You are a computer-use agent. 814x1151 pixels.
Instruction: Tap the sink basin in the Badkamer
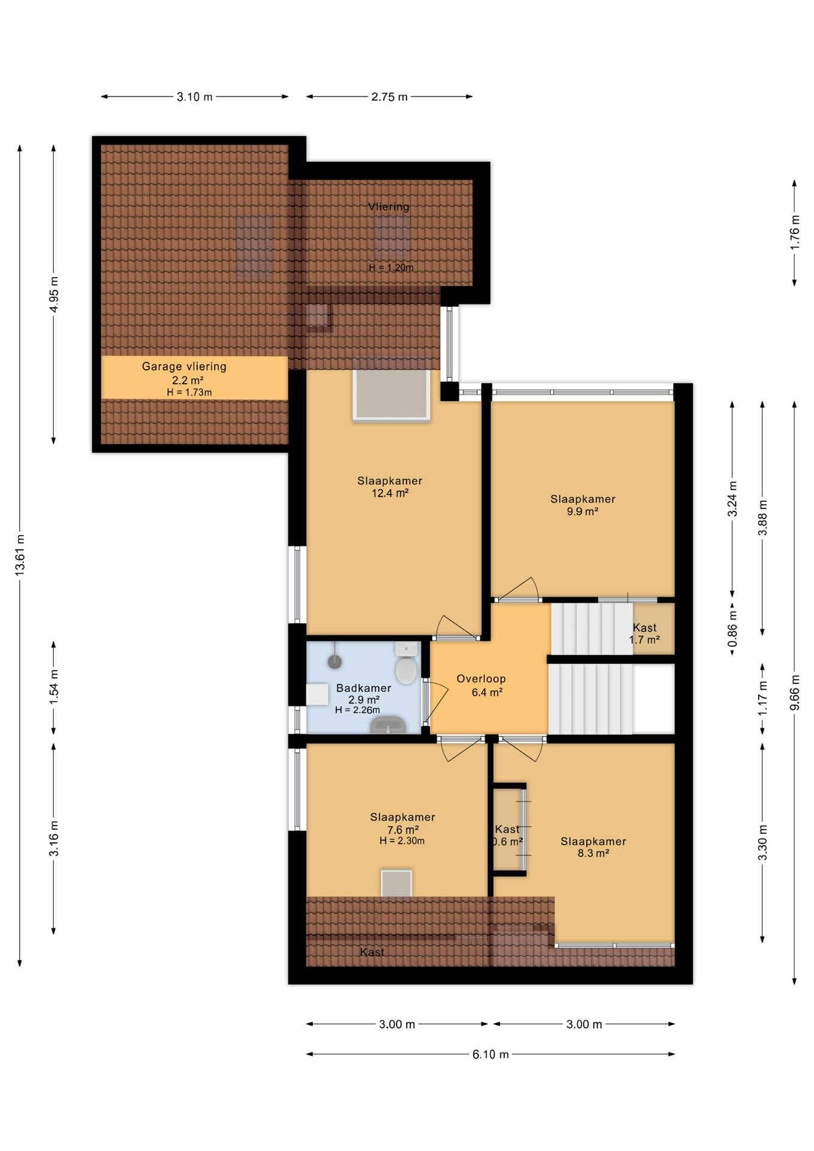point(388,726)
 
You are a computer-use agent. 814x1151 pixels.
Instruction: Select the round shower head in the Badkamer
point(334,661)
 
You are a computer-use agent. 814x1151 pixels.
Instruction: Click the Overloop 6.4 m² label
point(481,685)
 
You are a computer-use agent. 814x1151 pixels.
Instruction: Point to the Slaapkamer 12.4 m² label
point(390,486)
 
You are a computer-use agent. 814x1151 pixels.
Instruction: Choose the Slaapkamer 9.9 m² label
point(583,505)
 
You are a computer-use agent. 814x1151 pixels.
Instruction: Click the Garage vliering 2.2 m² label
point(185,373)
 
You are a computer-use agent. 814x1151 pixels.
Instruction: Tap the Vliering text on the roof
point(388,207)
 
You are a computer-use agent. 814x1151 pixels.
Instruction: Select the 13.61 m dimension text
point(20,555)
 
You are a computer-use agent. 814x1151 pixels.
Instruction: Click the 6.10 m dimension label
point(490,1054)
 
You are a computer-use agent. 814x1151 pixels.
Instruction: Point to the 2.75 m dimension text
point(389,97)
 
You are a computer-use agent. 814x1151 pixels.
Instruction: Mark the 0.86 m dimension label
point(732,630)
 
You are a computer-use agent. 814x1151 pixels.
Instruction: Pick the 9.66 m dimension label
point(794,692)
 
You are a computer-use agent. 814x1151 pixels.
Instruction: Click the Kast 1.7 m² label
point(644,634)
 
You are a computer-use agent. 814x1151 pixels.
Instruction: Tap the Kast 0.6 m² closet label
point(508,835)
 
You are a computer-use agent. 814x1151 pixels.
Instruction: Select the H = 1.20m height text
point(391,268)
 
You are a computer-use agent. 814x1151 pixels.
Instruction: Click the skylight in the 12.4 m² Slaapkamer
point(391,394)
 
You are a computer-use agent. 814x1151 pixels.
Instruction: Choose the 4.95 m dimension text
point(54,294)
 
